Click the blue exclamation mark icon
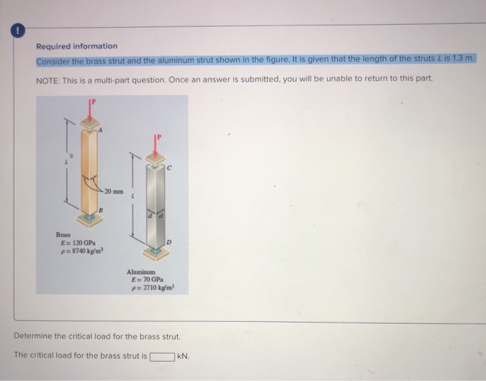pyautogui.click(x=12, y=31)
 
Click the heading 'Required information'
pyautogui.click(x=76, y=46)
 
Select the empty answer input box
pyautogui.click(x=162, y=357)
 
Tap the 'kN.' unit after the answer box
pyautogui.click(x=183, y=357)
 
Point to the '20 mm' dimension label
pyautogui.click(x=114, y=190)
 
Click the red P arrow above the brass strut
pyautogui.click(x=90, y=110)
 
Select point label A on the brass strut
pyautogui.click(x=101, y=128)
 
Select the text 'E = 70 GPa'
pyautogui.click(x=147, y=279)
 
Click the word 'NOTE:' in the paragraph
pyautogui.click(x=47, y=78)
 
